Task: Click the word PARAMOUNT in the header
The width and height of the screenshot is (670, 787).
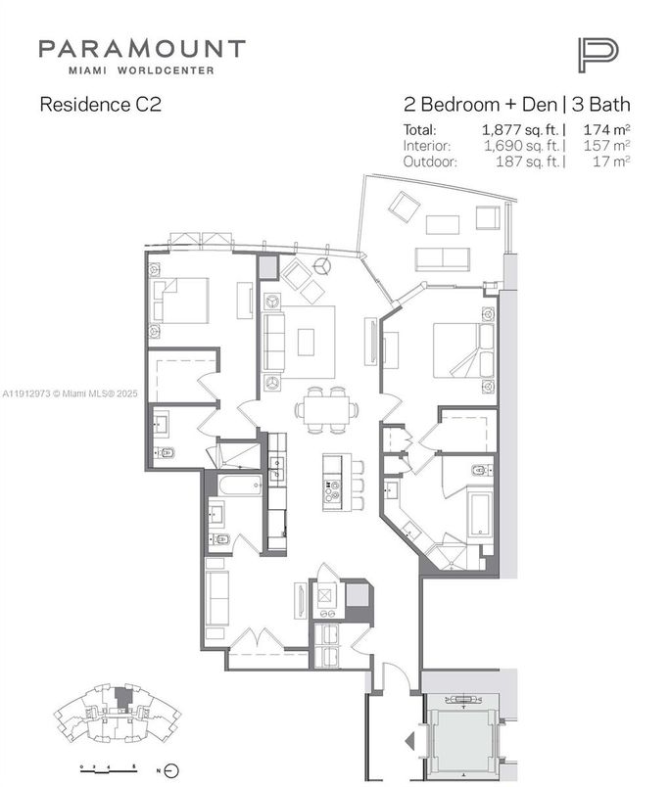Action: click(142, 49)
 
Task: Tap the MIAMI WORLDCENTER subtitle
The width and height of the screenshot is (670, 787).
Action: click(142, 70)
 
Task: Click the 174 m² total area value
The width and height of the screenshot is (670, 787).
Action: click(607, 129)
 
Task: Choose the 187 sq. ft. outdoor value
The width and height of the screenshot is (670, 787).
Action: click(529, 162)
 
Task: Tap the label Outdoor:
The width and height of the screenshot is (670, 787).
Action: click(430, 162)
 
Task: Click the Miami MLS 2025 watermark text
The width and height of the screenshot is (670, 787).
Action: click(71, 393)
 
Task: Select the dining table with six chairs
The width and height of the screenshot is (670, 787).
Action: click(324, 408)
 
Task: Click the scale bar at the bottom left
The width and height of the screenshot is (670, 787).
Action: click(106, 764)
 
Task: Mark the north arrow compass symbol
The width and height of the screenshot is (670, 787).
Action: click(170, 765)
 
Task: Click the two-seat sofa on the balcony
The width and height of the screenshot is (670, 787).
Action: click(442, 258)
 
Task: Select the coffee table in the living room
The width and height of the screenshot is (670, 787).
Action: click(307, 342)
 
